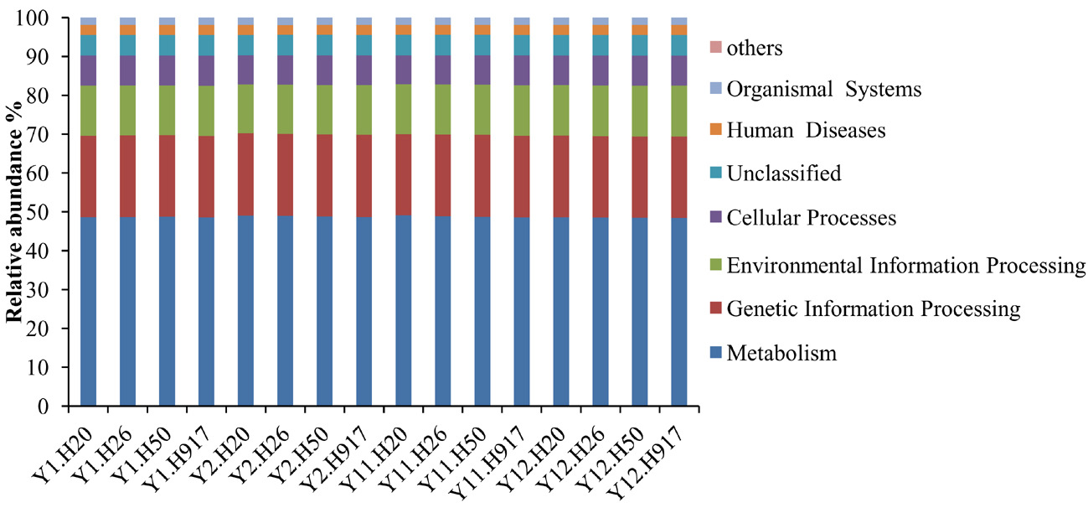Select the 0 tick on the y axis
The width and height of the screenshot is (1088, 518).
click(52, 407)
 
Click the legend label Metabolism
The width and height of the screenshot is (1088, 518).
click(781, 353)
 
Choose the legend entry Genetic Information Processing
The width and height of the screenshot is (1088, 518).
click(873, 309)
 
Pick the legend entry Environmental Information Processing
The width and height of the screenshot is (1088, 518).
click(905, 266)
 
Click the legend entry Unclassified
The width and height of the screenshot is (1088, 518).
click(783, 174)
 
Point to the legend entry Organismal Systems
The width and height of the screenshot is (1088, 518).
click(823, 89)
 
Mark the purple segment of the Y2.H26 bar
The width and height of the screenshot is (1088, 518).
click(285, 70)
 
